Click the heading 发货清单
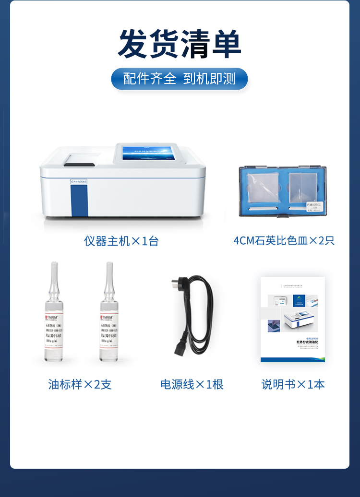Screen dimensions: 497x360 coord(180,44)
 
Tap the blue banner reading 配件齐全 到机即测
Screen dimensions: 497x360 coord(180,79)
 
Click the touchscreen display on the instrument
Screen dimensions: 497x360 coord(149,154)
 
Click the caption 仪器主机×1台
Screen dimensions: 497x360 coord(121,241)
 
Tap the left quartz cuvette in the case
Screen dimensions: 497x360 coord(263,188)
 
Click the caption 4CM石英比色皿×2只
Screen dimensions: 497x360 coord(284,240)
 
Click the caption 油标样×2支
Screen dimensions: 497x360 coord(80,384)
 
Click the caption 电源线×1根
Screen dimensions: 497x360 coord(192,384)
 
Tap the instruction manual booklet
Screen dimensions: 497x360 coord(293,319)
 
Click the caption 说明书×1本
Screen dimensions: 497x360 coord(293,384)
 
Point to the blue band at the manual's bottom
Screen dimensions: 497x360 coord(293,359)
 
